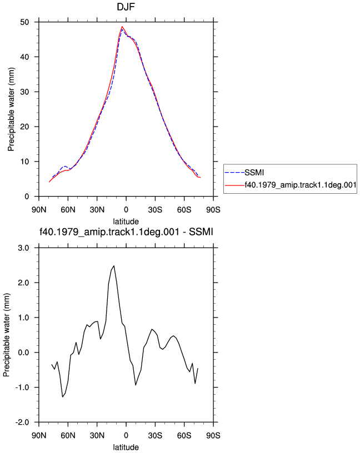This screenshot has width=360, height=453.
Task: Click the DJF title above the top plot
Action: (126, 6)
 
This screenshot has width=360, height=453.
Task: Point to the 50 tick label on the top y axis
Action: (24, 22)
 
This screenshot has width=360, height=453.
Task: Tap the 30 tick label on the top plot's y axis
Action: (24, 92)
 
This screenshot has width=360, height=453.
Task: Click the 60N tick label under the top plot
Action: (68, 210)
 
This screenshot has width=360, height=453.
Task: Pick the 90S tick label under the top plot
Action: (213, 210)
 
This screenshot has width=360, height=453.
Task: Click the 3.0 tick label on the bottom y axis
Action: (23, 248)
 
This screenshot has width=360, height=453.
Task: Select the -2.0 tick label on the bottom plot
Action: (22, 422)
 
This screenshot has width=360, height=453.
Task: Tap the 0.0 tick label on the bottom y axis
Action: (23, 353)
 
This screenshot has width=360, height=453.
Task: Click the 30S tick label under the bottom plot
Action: (155, 435)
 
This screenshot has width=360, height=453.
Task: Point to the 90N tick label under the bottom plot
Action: (39, 435)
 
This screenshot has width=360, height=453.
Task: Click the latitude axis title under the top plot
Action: (126, 222)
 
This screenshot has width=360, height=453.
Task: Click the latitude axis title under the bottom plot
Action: (126, 447)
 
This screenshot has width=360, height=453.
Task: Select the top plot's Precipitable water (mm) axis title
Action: (11, 109)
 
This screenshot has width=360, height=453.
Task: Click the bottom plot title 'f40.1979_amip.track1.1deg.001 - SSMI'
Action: (126, 231)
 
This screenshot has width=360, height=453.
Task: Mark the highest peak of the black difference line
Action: (114, 265)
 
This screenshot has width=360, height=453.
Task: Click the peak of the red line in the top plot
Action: (122, 27)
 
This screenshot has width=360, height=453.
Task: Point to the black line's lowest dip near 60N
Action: (62, 397)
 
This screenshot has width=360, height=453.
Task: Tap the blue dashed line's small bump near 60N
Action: (65, 166)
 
